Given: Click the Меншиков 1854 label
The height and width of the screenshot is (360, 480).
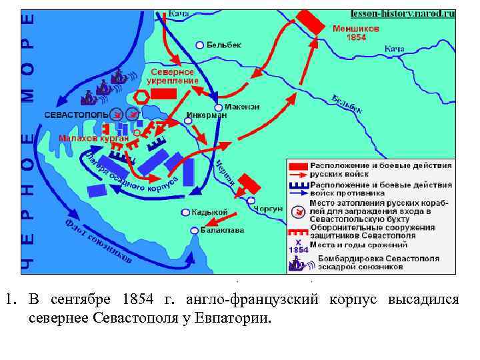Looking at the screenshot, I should tap(356, 33).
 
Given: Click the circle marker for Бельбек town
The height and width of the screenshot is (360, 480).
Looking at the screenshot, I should tap(199, 45).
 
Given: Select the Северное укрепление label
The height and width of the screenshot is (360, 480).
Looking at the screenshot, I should tap(173, 76).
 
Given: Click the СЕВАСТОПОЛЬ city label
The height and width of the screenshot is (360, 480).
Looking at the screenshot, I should tap(76, 115).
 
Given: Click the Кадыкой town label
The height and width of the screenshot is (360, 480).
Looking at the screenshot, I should tap(210, 212).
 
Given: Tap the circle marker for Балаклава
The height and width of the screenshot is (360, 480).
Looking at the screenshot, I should tap(194, 230).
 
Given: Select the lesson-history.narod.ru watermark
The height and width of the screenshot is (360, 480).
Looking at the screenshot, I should tap(403, 13).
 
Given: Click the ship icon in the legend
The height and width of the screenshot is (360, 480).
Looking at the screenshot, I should tap(297, 263).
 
